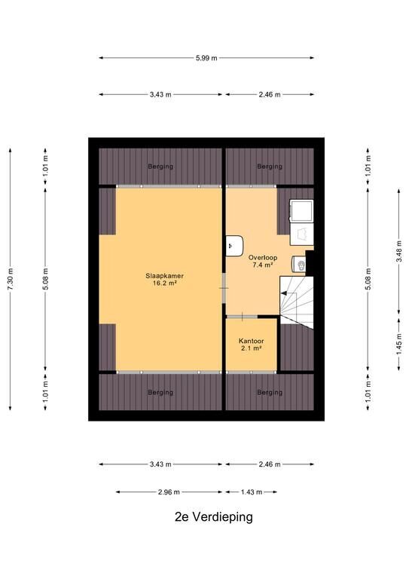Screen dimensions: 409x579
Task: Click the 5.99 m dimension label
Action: click(x=206, y=58)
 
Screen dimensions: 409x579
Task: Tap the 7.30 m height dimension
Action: click(x=10, y=279)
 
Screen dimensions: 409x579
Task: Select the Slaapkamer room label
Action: click(x=164, y=276)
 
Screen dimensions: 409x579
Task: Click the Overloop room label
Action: click(x=263, y=258)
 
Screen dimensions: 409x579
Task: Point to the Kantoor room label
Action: click(x=251, y=342)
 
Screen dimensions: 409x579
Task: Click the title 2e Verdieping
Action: click(x=214, y=517)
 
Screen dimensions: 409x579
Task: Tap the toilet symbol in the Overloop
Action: click(x=299, y=265)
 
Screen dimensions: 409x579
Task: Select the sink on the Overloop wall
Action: click(x=234, y=246)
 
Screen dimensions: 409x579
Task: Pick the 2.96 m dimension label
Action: click(x=169, y=492)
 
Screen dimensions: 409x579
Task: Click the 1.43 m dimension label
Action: click(x=252, y=492)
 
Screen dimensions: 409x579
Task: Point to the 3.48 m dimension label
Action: click(x=399, y=251)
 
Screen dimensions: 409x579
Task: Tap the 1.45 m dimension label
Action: click(x=399, y=344)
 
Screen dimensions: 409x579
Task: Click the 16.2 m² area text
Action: click(x=164, y=283)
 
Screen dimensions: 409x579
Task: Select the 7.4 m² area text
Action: click(x=263, y=265)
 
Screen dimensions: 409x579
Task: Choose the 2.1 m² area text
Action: click(x=251, y=348)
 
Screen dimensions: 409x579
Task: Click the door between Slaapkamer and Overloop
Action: click(x=224, y=288)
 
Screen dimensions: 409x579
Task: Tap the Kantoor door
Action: click(x=242, y=317)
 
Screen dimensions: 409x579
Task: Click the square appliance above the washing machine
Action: click(x=301, y=211)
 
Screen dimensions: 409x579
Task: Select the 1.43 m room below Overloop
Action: click(x=251, y=345)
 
